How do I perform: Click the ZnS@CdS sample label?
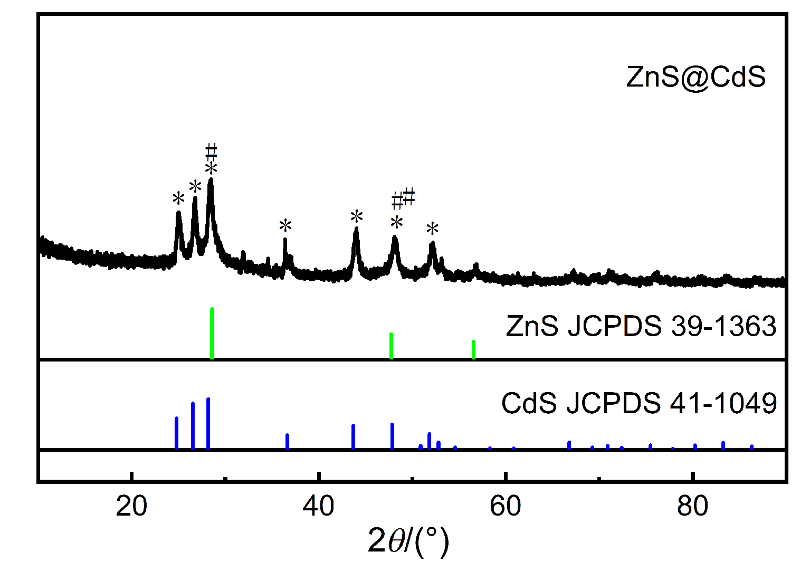click(x=695, y=77)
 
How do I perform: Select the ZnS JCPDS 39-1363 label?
click(x=641, y=326)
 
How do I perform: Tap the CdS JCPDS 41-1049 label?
click(x=639, y=403)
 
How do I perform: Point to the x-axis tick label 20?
click(x=131, y=507)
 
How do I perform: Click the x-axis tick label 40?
click(x=319, y=507)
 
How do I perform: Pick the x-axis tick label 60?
click(x=506, y=507)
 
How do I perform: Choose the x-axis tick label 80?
click(x=692, y=507)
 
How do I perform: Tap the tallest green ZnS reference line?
click(x=212, y=332)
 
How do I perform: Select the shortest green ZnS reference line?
click(x=473, y=349)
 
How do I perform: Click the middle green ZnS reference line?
click(x=391, y=346)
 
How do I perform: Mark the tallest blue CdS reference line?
click(x=208, y=423)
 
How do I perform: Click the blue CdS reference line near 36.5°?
click(x=287, y=441)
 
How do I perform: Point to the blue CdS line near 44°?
click(x=353, y=436)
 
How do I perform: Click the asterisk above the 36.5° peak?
click(x=285, y=226)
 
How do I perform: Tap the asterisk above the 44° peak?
click(x=357, y=216)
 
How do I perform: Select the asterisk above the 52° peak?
click(x=433, y=229)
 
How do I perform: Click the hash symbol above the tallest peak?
click(x=211, y=151)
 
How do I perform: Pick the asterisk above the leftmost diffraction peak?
click(x=179, y=199)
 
